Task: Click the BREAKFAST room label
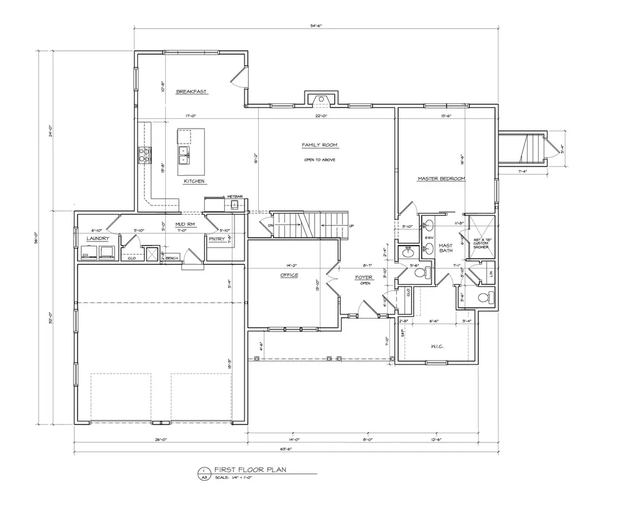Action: coord(191,92)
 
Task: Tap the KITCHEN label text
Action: coord(194,181)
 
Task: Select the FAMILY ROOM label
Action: coord(319,145)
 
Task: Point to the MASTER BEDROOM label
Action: coord(441,178)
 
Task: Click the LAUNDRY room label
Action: coord(98,238)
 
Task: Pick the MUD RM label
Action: coord(185,224)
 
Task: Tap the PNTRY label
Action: coord(217,238)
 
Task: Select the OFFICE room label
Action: coord(289,275)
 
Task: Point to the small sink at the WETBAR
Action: coord(235,206)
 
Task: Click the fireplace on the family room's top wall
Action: coord(320,98)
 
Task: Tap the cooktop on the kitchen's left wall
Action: coord(144,155)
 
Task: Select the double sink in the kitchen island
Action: coord(184,154)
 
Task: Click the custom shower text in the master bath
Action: coord(481,243)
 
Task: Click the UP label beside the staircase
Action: coord(352,226)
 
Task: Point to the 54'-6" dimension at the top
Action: coord(316,25)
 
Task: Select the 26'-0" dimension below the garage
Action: coord(160,439)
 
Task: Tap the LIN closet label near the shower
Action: coord(491,273)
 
